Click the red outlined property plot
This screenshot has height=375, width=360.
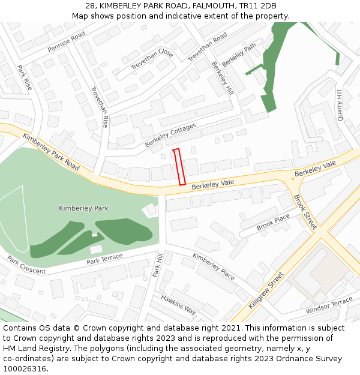tap(179, 167)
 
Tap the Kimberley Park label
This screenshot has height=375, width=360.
tap(83, 208)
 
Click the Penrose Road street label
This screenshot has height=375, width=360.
tap(67, 43)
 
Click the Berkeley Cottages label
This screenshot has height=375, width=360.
tap(170, 136)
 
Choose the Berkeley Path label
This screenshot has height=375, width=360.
tap(239, 55)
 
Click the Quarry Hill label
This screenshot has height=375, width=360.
tap(340, 105)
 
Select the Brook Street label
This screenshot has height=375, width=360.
tap(305, 212)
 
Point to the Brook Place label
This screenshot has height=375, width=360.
tap(273, 222)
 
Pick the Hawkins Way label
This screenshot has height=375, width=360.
tap(178, 305)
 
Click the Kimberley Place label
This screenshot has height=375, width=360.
tap(213, 266)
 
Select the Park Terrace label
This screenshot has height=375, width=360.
tap(104, 259)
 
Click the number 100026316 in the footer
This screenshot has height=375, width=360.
tap(25, 369)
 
